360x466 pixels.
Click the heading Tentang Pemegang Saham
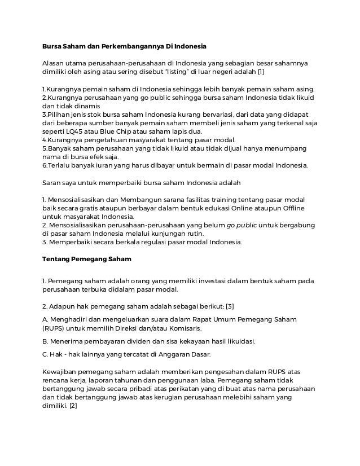(87, 260)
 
